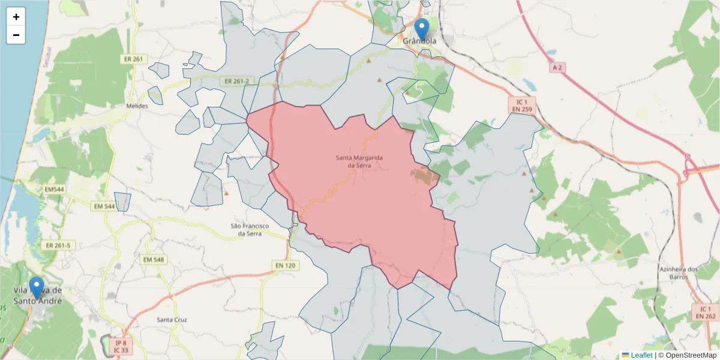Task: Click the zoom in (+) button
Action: coord(16,17)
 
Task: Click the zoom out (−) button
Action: coord(16,35)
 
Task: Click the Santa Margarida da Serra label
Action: coord(359,161)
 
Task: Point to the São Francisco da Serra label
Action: coord(250,230)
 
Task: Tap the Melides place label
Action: coord(137,106)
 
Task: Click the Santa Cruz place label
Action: coord(172,320)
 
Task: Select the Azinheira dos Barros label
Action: coord(679,273)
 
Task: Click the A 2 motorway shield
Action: coord(557,68)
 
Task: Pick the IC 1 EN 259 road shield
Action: coord(522,106)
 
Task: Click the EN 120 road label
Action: coord(286,265)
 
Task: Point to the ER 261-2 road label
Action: coord(238,81)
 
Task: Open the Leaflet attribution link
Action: coord(641,355)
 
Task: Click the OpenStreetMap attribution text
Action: coord(688,355)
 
